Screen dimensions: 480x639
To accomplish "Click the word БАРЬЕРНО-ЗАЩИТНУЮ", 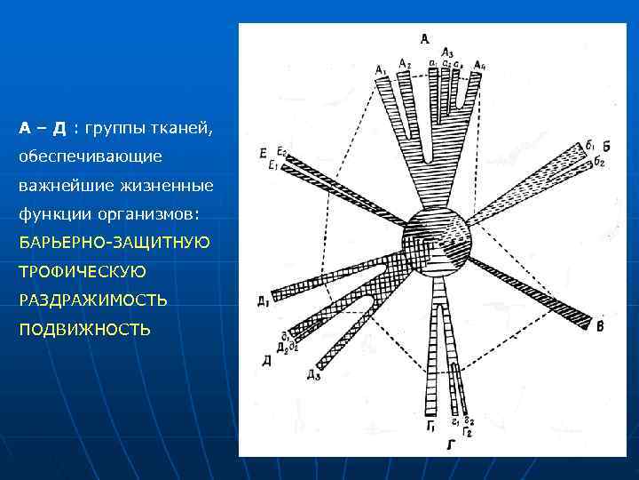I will click(x=114, y=243).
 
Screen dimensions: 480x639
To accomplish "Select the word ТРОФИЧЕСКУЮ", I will click(x=83, y=271).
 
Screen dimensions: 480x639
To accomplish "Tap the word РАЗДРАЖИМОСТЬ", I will click(x=93, y=300).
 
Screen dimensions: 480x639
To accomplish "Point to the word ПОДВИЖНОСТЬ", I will click(x=84, y=330).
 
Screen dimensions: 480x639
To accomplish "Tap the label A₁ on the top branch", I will click(x=381, y=69).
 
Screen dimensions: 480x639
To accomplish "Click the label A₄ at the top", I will click(x=480, y=65).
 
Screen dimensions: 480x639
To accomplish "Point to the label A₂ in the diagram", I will click(x=405, y=62).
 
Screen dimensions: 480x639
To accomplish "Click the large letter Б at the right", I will click(x=605, y=145).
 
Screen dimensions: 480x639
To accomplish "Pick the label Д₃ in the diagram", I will click(x=313, y=375).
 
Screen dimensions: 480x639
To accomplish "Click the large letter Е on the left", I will click(x=264, y=156).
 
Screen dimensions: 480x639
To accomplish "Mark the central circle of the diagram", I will click(x=435, y=242).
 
